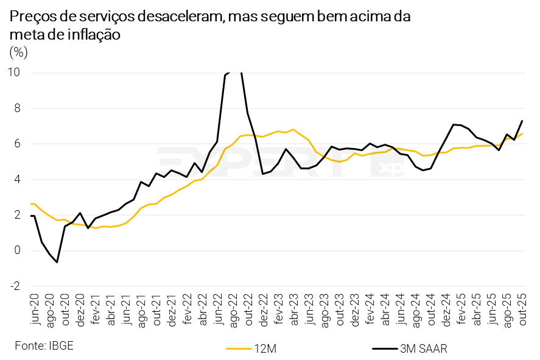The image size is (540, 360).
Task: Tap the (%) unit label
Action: pyautogui.click(x=19, y=52)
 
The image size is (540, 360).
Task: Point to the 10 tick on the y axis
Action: pyautogui.click(x=14, y=72)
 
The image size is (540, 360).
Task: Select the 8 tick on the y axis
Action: pyautogui.click(x=16, y=108)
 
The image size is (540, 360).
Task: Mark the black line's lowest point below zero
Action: pyautogui.click(x=57, y=262)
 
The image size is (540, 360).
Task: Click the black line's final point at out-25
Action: pyautogui.click(x=522, y=121)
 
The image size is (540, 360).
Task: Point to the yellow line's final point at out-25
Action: pyautogui.click(x=522, y=133)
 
